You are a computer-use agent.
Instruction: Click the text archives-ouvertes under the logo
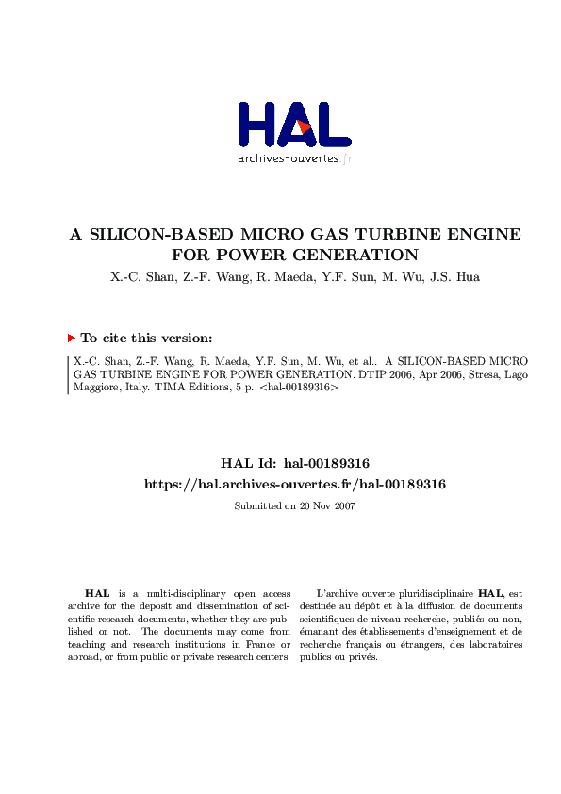pos(288,158)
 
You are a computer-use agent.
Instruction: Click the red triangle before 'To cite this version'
pos(71,338)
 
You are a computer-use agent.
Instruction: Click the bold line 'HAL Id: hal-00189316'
pos(294,463)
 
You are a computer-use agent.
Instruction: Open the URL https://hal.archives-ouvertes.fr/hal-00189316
pos(294,484)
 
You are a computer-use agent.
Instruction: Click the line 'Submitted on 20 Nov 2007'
pos(294,505)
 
